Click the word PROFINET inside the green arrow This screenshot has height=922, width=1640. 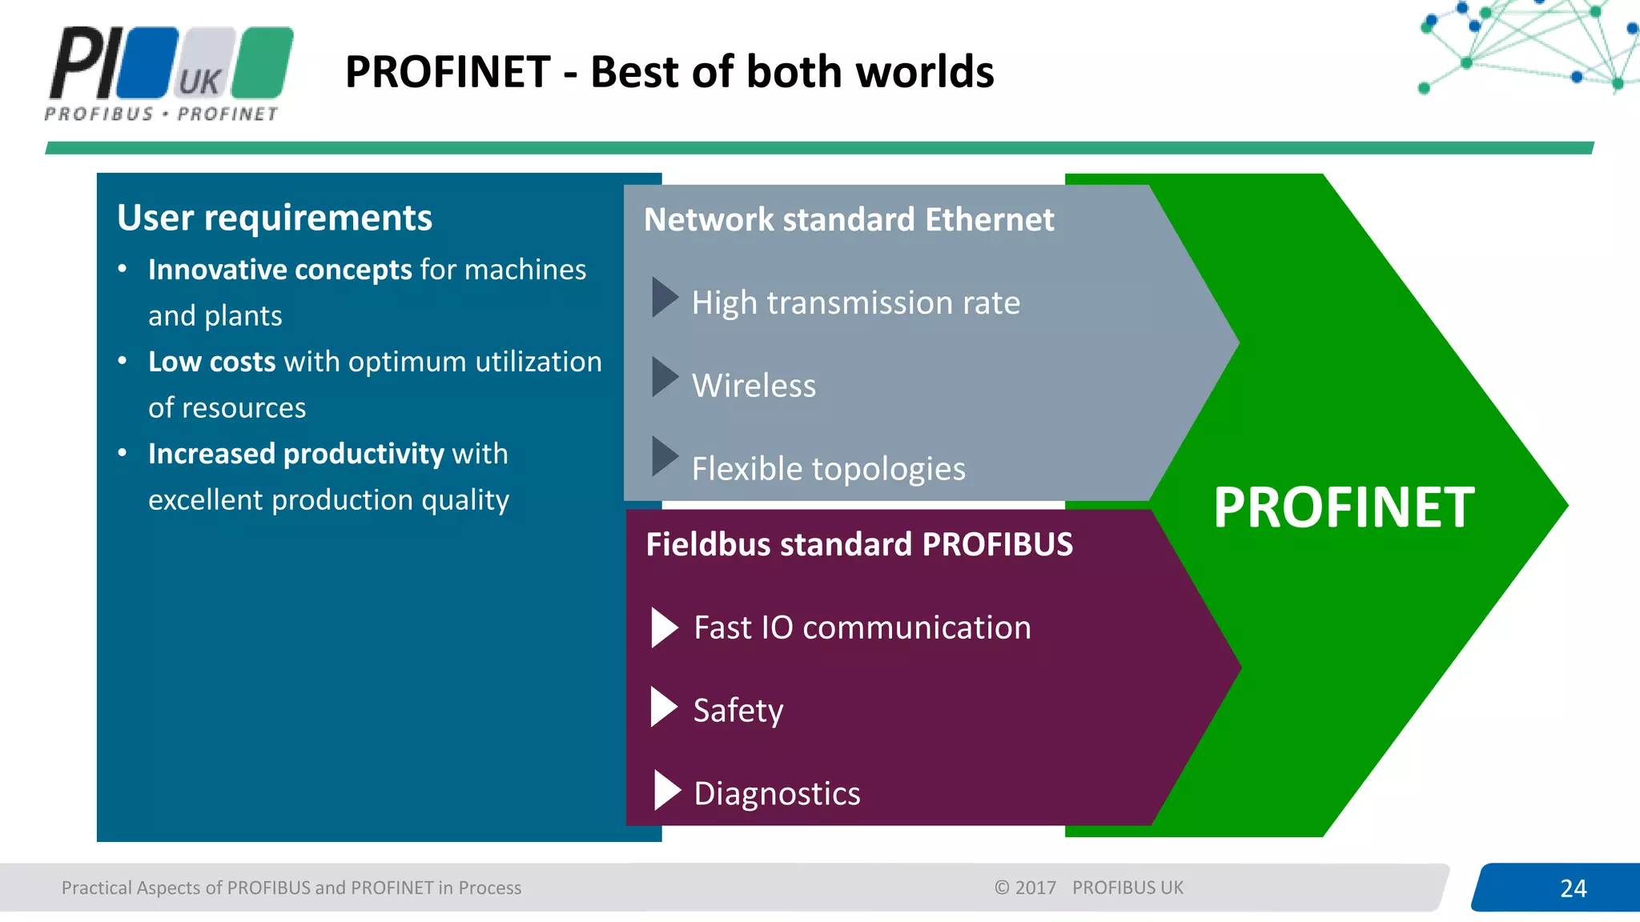point(1343,507)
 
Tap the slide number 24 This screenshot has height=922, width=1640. point(1573,888)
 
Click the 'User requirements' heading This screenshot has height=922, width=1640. point(275,218)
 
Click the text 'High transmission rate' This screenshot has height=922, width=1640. point(855,303)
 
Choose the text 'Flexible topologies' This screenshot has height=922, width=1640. point(828,469)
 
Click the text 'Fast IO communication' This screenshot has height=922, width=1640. point(862,627)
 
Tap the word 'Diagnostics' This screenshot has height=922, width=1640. point(777,794)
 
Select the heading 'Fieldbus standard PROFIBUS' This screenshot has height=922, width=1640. point(859,545)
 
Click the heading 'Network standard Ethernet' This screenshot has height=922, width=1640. point(849,220)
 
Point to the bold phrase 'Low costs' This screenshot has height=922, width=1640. point(211,362)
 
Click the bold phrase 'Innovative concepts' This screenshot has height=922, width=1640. point(280,270)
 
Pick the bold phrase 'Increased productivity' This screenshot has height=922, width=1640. point(295,454)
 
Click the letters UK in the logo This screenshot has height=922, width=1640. point(199,82)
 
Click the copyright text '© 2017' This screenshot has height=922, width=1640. point(1025,888)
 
